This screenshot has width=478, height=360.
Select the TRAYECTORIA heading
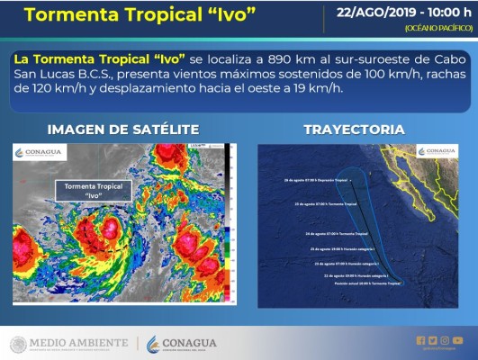pos(354,129)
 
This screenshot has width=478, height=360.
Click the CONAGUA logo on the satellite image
pos(41,152)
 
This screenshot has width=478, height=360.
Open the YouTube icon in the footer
pos(457,340)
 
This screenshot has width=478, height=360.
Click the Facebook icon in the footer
pos(420,340)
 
